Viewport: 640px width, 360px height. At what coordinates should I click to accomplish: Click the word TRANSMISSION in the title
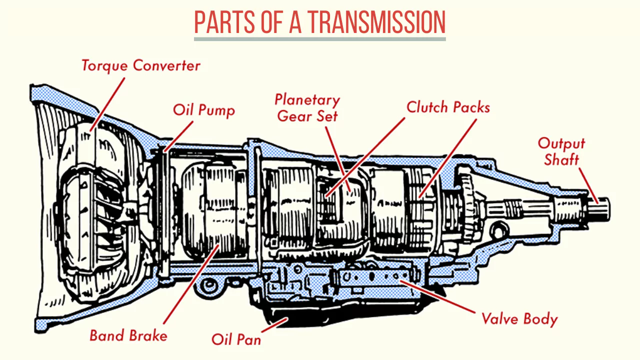tap(376, 22)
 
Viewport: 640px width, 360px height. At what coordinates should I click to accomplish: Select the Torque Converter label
tap(140, 65)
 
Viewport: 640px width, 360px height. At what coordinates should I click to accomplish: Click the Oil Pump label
tap(203, 109)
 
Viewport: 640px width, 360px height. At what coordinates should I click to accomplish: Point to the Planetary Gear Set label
tap(307, 107)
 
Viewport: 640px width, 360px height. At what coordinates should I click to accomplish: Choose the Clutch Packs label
tap(448, 107)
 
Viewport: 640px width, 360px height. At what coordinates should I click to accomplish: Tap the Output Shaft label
tap(561, 151)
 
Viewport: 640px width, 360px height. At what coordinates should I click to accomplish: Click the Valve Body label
tap(519, 318)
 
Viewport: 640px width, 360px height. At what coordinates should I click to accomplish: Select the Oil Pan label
tap(236, 339)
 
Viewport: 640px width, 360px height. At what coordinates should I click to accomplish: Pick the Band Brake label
tap(128, 335)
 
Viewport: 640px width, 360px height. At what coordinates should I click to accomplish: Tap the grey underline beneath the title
tap(319, 38)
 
